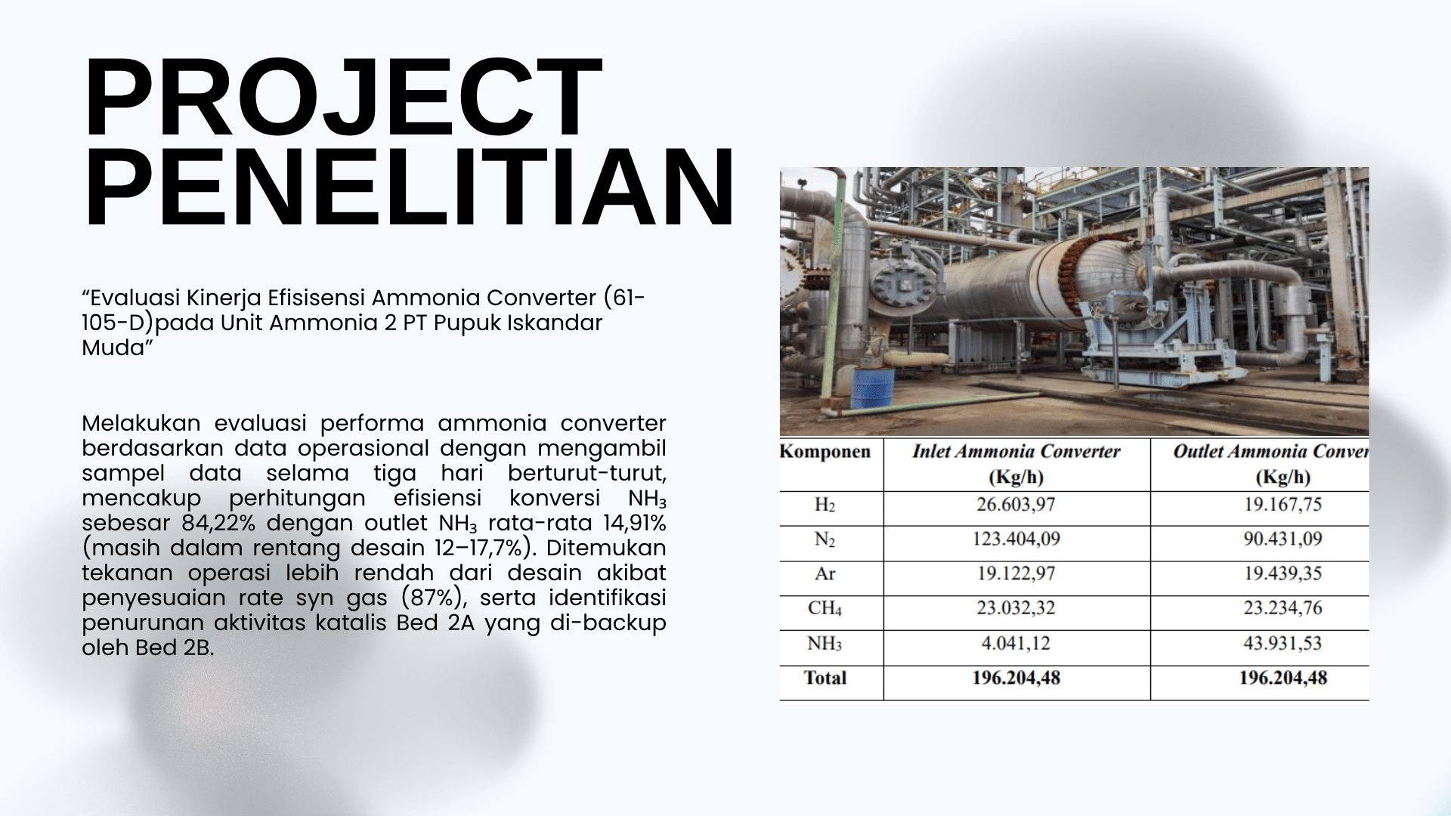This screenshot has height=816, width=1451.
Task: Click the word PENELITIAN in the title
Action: click(x=409, y=188)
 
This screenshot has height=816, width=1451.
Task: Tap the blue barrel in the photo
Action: click(x=874, y=388)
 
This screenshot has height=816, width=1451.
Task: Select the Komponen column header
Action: click(x=825, y=452)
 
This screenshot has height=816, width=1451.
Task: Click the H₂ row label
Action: click(x=825, y=505)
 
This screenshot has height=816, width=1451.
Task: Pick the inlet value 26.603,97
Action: click(x=1016, y=505)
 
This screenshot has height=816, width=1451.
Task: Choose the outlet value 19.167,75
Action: click(x=1283, y=505)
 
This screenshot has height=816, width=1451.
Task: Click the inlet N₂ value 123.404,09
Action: click(x=1016, y=539)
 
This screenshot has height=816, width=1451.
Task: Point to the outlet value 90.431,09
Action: click(x=1283, y=539)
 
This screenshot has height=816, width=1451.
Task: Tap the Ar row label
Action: click(x=825, y=574)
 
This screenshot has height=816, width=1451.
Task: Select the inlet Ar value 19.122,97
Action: click(x=1016, y=574)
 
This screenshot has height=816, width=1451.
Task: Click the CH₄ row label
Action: click(x=825, y=609)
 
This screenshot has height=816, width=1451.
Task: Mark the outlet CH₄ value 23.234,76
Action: click(x=1283, y=608)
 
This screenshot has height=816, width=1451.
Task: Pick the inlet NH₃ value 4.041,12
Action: click(x=1016, y=644)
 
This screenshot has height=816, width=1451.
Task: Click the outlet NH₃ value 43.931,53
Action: click(x=1283, y=644)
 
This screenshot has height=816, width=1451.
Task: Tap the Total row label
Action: click(x=825, y=678)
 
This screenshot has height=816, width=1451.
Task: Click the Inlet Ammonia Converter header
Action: click(x=1016, y=452)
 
